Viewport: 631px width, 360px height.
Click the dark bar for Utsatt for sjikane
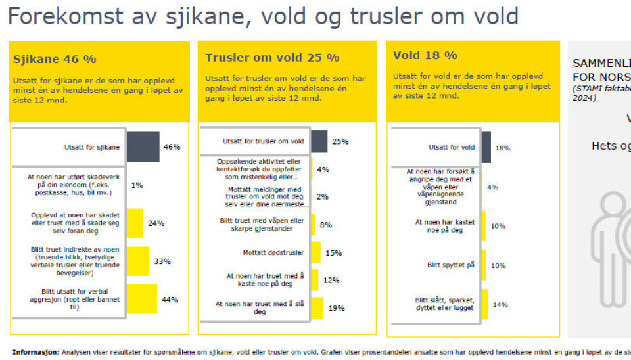tap(143, 147)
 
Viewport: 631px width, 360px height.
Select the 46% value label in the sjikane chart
tap(172, 147)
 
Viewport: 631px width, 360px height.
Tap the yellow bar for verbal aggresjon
tap(141, 300)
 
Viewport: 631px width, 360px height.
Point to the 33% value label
tap(162, 261)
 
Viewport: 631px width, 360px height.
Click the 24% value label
tap(156, 223)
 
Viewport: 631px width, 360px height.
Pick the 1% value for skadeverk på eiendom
tap(137, 185)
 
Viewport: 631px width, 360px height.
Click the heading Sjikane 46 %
tap(55, 59)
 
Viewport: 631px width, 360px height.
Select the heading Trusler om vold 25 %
tap(272, 58)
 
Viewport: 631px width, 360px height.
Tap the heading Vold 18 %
tap(425, 55)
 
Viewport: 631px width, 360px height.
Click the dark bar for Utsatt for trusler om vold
tap(319, 141)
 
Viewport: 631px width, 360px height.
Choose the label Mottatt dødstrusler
tap(254, 253)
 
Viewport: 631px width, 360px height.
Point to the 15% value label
tap(333, 253)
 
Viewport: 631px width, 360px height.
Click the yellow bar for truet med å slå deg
tap(317, 308)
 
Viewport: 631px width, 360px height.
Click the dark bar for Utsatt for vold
tap(486, 148)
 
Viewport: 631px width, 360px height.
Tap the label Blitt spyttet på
tap(451, 265)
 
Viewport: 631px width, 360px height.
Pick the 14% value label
tap(501, 305)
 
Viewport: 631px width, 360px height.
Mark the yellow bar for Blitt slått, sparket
tap(484, 304)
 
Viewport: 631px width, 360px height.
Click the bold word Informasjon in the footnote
tap(35, 351)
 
